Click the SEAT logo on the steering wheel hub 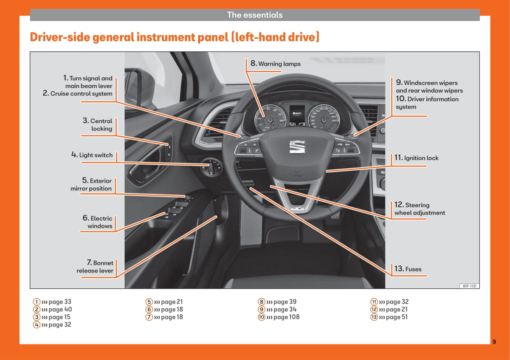(x=297, y=147)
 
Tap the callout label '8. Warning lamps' (x=275, y=64)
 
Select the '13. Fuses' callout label (x=408, y=269)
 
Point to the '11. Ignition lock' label (x=416, y=158)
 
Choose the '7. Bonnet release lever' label (x=95, y=267)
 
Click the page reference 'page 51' (x=396, y=317)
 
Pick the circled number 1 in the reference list (x=37, y=302)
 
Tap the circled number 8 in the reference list (x=261, y=302)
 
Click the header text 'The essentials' (x=255, y=15)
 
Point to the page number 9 (x=494, y=342)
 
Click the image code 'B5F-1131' (x=470, y=286)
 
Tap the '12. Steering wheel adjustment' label (x=419, y=209)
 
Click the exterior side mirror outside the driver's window (x=133, y=86)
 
